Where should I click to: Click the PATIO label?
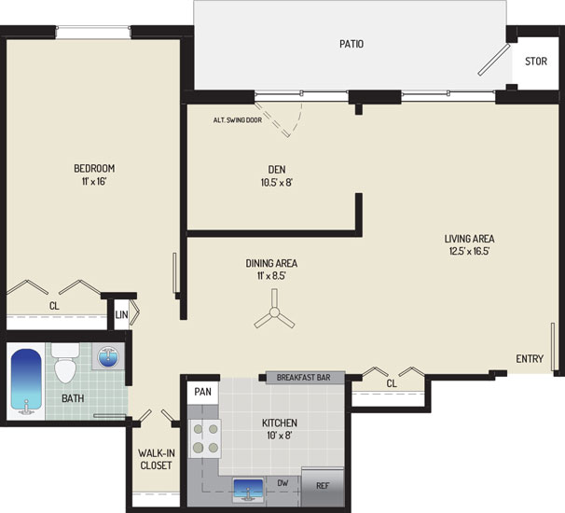(x=351, y=44)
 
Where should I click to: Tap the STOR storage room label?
(x=536, y=62)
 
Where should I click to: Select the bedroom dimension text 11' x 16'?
(x=94, y=181)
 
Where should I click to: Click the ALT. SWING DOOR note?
(x=238, y=120)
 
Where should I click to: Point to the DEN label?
(x=277, y=169)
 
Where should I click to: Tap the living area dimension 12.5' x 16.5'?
(x=469, y=251)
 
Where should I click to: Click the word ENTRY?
(x=530, y=359)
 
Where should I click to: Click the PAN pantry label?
(x=203, y=392)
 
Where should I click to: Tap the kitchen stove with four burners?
(x=205, y=438)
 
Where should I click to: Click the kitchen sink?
(x=248, y=490)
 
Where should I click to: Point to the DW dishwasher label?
(x=282, y=483)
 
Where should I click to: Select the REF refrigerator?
(x=323, y=487)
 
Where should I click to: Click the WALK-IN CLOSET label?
(x=156, y=459)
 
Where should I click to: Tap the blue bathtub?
(x=26, y=381)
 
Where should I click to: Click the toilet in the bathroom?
(x=65, y=362)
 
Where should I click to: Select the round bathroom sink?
(x=107, y=357)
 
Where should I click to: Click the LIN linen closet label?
(x=121, y=314)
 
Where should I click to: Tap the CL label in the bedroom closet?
(x=54, y=306)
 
